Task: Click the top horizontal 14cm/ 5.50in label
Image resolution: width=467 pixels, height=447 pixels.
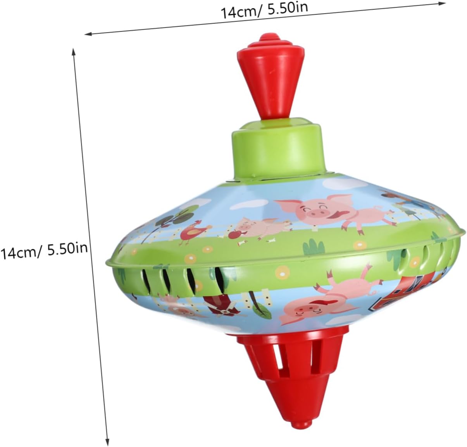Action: click(x=264, y=10)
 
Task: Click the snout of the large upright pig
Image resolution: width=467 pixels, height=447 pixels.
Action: click(x=315, y=213)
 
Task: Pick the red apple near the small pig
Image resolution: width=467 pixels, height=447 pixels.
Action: click(x=233, y=235)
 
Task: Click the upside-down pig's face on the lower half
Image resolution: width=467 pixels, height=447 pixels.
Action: click(x=305, y=311)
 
